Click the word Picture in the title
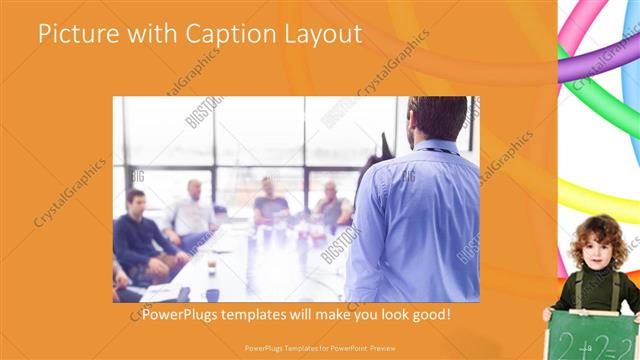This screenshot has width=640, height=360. [74, 35]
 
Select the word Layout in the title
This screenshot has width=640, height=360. [323, 35]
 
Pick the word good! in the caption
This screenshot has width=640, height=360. [424, 313]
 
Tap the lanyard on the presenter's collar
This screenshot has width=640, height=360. [440, 151]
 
